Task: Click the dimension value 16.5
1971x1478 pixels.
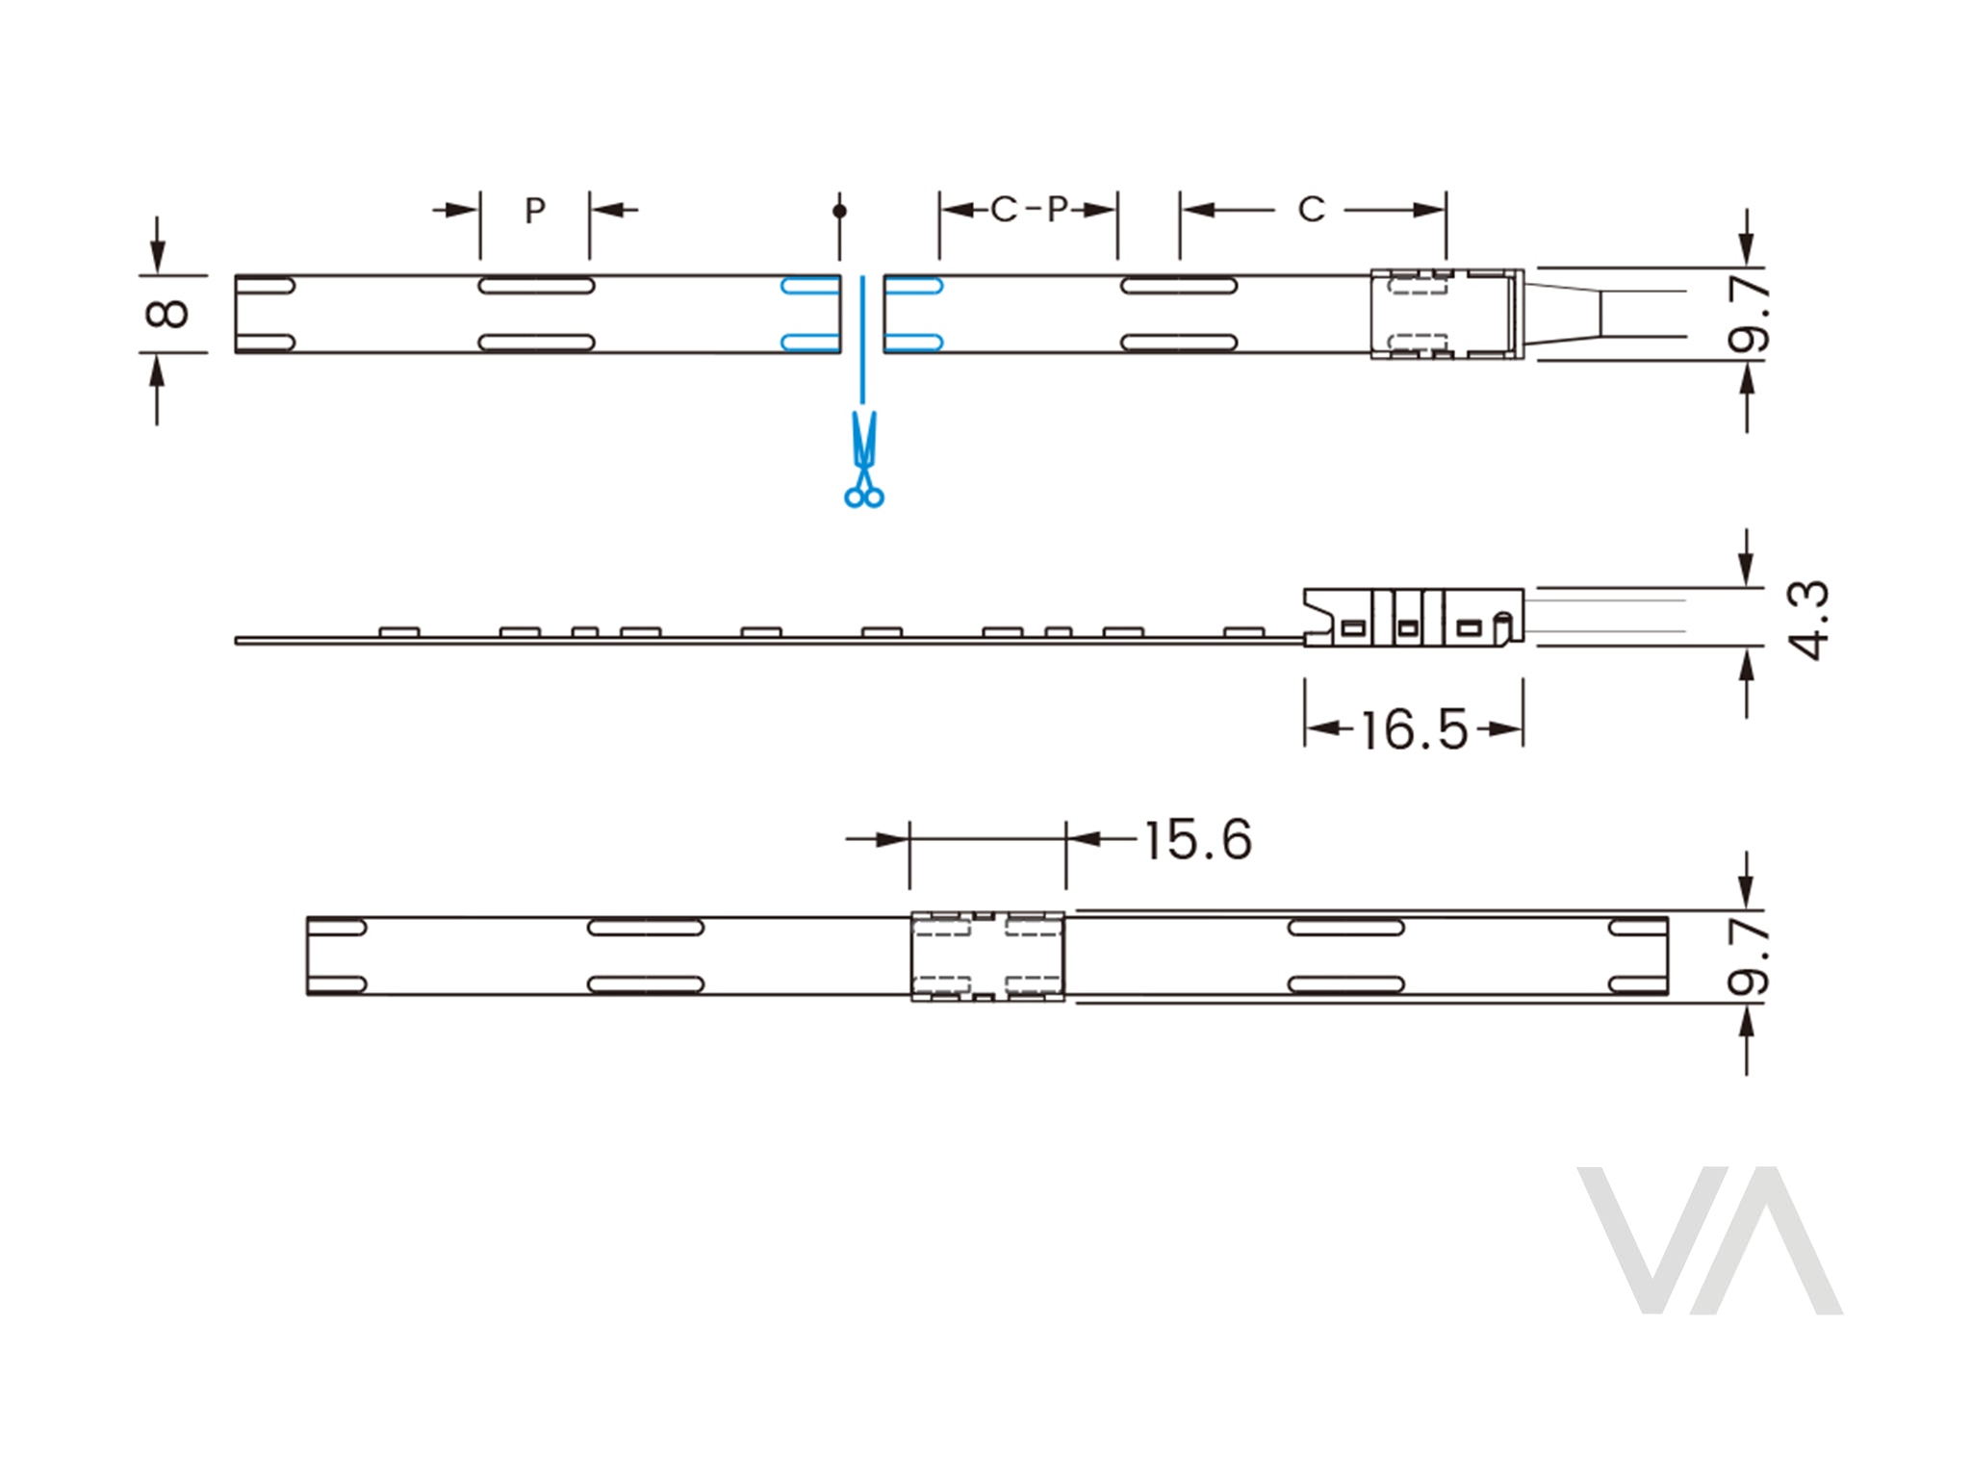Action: tap(1414, 729)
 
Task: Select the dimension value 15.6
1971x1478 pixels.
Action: tap(1198, 839)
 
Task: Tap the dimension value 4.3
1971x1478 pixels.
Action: tap(1807, 620)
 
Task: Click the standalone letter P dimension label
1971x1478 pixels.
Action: tap(535, 210)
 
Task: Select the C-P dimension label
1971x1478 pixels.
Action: tap(1029, 209)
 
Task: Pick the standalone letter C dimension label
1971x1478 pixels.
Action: tap(1311, 209)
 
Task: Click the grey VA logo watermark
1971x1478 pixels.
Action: tap(1710, 1240)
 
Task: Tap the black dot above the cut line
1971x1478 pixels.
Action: tap(839, 211)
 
